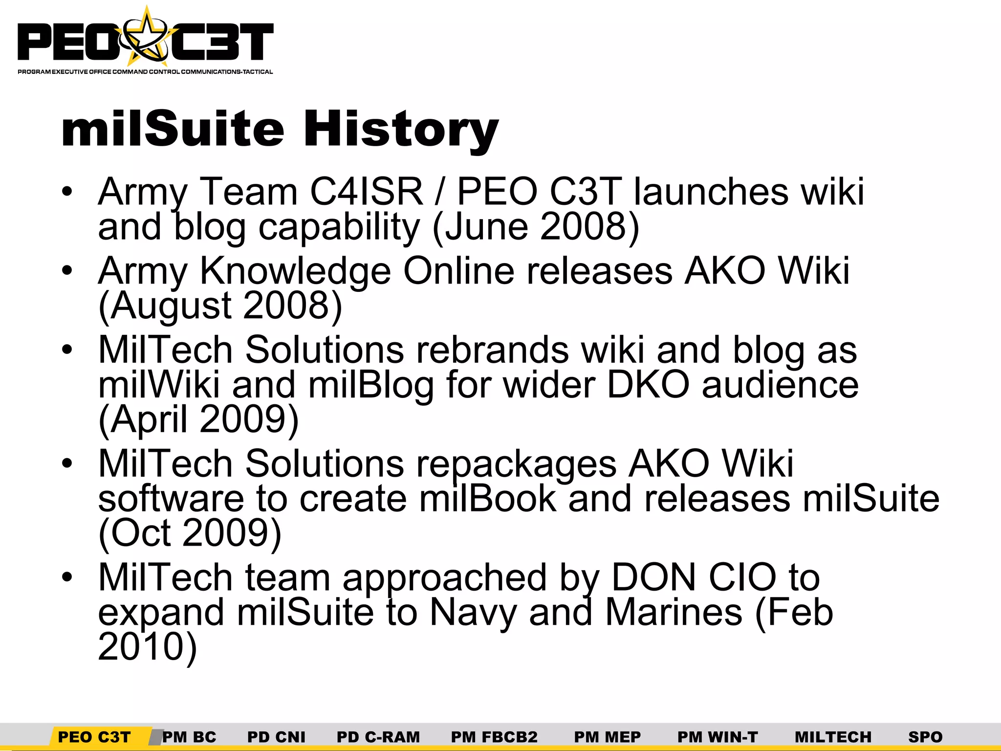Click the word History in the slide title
coord(401,129)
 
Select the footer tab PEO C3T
coord(94,736)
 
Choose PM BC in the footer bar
coord(189,736)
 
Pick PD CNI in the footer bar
coord(276,736)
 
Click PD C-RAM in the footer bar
coord(378,736)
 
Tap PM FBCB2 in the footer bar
coord(494,736)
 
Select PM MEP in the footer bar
coord(607,736)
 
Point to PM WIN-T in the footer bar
coord(718,736)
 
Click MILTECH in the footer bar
coord(833,736)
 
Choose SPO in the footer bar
coord(925,736)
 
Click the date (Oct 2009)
coord(190,533)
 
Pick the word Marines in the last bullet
coord(674,612)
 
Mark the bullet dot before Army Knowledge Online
coord(67,270)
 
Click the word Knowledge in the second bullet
coord(295,271)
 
